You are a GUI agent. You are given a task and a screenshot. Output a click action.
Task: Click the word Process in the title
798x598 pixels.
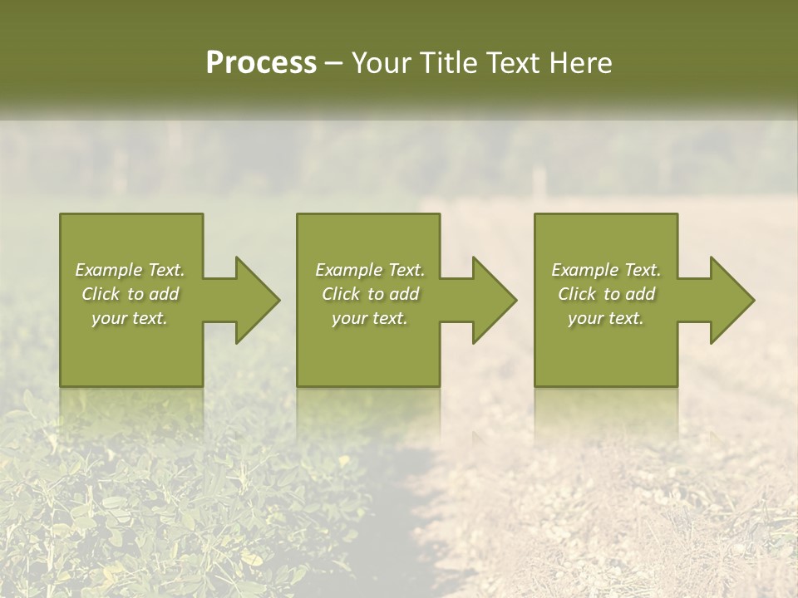[261, 63]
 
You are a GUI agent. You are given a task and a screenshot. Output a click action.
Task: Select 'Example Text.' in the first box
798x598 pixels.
[130, 270]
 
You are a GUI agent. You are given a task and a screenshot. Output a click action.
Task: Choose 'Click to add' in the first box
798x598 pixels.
[130, 294]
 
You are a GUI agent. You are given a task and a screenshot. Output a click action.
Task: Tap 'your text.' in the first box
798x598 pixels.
[130, 318]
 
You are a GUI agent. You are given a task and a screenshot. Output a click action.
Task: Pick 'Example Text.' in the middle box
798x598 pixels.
[370, 270]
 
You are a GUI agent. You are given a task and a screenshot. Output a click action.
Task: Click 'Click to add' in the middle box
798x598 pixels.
[370, 294]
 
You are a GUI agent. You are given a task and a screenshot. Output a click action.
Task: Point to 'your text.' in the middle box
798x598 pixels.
[370, 318]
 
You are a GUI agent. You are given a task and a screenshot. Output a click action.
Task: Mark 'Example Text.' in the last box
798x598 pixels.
[606, 270]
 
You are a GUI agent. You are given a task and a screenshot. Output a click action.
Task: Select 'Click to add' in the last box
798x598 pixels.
[606, 294]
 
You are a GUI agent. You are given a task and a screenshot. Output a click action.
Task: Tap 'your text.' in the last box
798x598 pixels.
[606, 318]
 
